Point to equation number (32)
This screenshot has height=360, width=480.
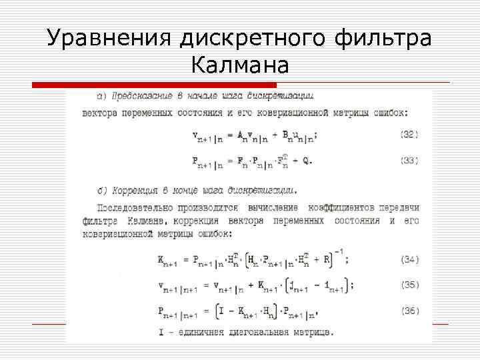(x=409, y=135)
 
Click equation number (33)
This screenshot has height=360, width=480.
(x=409, y=160)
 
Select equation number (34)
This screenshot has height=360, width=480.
(x=409, y=259)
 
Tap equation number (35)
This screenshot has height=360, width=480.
(x=409, y=285)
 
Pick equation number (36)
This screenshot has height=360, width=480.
(x=409, y=311)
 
